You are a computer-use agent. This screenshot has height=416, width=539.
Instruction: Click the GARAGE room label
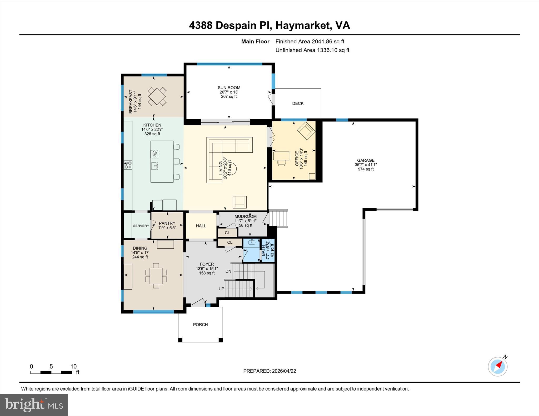(366, 160)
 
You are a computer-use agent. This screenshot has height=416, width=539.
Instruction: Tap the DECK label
(298, 104)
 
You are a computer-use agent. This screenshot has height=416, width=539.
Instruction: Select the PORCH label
(200, 325)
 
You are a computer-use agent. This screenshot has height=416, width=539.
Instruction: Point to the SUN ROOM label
(229, 88)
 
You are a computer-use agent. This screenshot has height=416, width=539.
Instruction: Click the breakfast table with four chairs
(157, 96)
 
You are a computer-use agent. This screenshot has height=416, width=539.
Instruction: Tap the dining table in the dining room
(156, 275)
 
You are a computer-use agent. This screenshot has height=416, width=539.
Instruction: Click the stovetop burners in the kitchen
(128, 165)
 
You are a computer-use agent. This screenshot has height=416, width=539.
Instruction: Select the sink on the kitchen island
(154, 166)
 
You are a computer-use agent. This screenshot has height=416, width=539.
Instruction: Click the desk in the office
(282, 156)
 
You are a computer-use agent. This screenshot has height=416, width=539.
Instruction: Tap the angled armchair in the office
(306, 131)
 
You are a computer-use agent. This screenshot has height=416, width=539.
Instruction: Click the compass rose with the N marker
(497, 367)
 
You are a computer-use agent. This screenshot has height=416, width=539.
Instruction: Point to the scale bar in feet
(51, 372)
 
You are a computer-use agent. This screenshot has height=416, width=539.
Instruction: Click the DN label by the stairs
(228, 271)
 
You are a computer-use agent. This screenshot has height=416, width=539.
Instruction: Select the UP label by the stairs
(221, 289)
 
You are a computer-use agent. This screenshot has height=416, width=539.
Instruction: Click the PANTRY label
(167, 223)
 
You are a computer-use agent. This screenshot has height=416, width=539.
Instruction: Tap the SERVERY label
(141, 226)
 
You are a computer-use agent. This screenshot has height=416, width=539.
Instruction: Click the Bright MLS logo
(34, 405)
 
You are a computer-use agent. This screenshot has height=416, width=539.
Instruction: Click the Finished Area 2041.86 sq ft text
(310, 42)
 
